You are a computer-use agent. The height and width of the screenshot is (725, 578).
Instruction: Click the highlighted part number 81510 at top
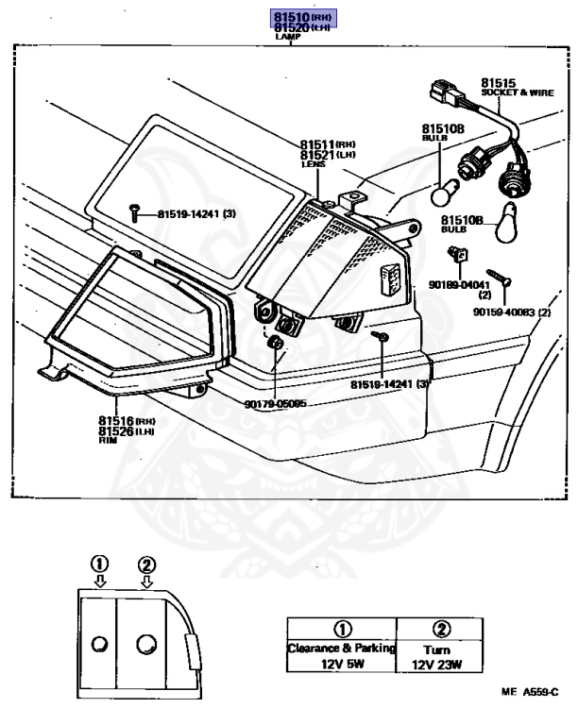click(x=283, y=17)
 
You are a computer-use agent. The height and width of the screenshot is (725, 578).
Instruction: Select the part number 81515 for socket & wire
click(x=499, y=84)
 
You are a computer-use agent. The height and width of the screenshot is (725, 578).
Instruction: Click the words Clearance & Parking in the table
click(x=341, y=649)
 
